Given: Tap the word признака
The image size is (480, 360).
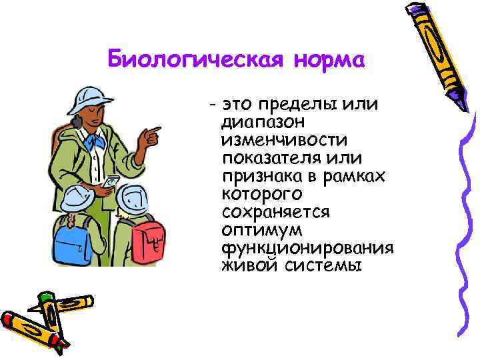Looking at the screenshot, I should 262,176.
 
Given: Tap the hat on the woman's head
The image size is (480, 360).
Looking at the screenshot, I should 90,100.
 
